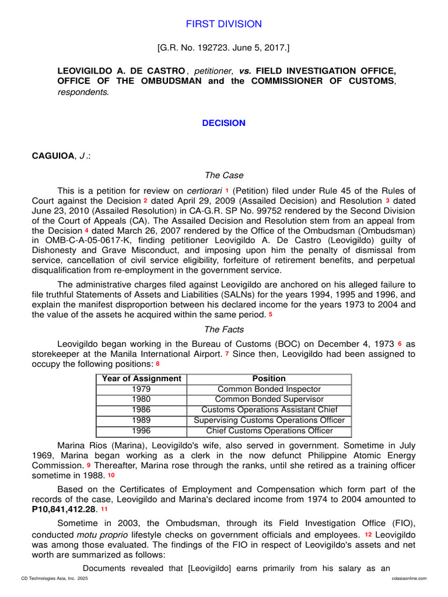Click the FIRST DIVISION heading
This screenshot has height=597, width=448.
(224, 24)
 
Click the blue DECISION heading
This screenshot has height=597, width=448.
(224, 123)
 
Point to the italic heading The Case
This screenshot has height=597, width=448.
(224, 175)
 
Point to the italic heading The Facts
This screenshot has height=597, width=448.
(224, 329)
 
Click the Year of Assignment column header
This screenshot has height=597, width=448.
(142, 378)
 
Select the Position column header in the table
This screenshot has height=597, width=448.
(269, 378)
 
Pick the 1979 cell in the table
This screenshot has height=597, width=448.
(142, 389)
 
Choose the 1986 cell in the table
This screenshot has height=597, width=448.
(142, 410)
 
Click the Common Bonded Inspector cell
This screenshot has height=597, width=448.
(269, 389)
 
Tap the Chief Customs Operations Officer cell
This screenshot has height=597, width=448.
(269, 431)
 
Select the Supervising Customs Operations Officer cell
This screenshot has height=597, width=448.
(269, 420)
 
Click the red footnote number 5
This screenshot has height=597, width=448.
(271, 315)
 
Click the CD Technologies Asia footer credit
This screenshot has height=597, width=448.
(54, 578)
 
